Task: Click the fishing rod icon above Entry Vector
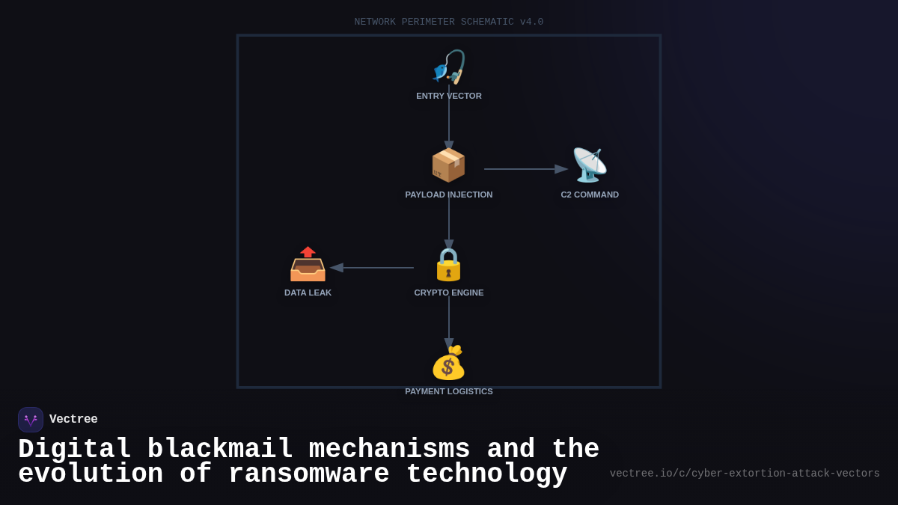(449, 67)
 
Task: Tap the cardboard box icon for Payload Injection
(448, 165)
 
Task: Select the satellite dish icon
(590, 165)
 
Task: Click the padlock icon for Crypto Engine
(449, 264)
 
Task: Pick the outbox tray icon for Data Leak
(308, 264)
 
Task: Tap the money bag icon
(448, 363)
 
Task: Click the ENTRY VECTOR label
(449, 96)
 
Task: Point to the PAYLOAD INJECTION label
(449, 195)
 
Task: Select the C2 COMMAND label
(590, 195)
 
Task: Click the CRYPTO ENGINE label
(449, 293)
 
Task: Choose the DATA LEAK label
(308, 293)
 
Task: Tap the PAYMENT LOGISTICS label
(449, 391)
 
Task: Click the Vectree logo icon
(31, 420)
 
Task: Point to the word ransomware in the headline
(309, 474)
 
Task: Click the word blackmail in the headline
(219, 450)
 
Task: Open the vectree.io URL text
(745, 474)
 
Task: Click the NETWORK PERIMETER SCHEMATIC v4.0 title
(449, 22)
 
